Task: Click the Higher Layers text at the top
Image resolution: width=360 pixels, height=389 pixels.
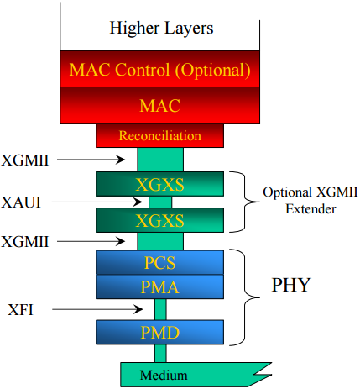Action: [x=161, y=28]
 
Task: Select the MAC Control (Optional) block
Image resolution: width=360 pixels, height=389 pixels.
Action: [x=160, y=70]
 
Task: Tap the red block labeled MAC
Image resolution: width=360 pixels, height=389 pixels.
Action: [x=160, y=107]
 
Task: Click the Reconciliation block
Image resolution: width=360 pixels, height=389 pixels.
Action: [x=160, y=135]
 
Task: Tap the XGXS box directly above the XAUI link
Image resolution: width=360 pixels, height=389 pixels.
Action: [x=160, y=183]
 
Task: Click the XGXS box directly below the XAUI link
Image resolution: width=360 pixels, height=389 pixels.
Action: [x=160, y=221]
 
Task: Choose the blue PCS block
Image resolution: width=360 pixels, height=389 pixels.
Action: [x=160, y=262]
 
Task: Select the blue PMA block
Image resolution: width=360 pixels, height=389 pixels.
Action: [x=160, y=286]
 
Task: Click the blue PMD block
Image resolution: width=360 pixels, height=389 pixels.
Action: [x=160, y=332]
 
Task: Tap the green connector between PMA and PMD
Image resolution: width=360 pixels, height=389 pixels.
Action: [x=160, y=309]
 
